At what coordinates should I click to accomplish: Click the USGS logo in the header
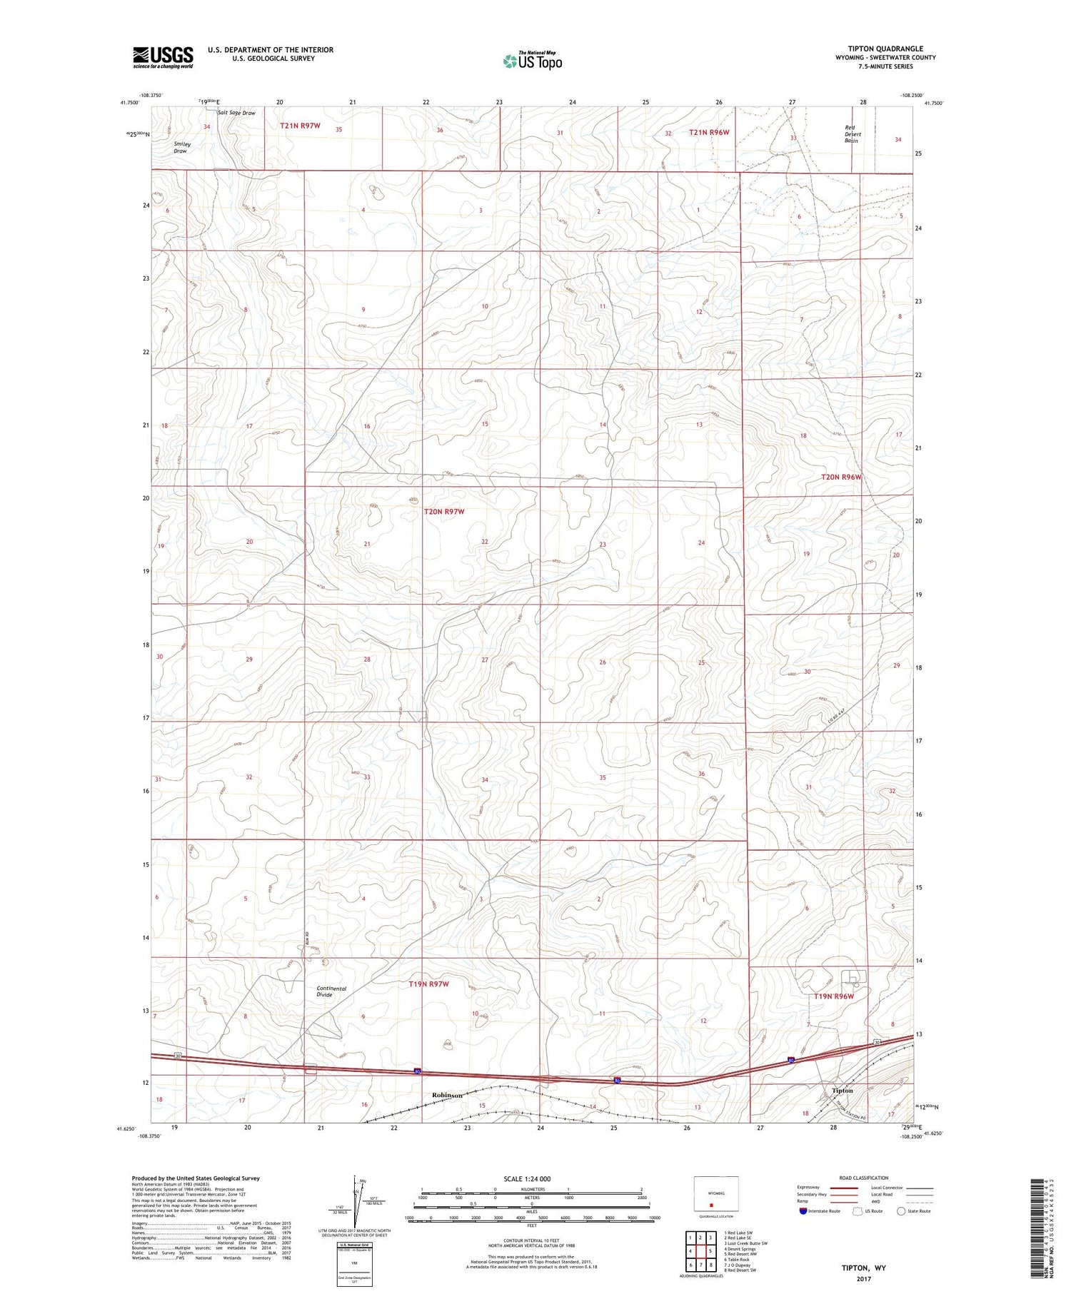coord(163,57)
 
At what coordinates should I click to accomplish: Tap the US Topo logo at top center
coord(532,61)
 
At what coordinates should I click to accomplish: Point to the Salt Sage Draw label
coord(236,113)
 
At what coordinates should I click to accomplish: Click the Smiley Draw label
coord(181,147)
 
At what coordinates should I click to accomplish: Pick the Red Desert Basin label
coord(852,134)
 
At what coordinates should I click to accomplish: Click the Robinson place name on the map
coord(447,1095)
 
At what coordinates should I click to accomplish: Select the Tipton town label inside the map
coord(843,1091)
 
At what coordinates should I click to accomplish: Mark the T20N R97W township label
coord(444,512)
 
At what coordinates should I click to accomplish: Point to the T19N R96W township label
coord(834,996)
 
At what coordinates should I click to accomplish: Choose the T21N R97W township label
coord(300,126)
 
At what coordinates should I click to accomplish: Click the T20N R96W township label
coord(841,477)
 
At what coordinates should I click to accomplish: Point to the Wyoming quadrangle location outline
coord(715,1194)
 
